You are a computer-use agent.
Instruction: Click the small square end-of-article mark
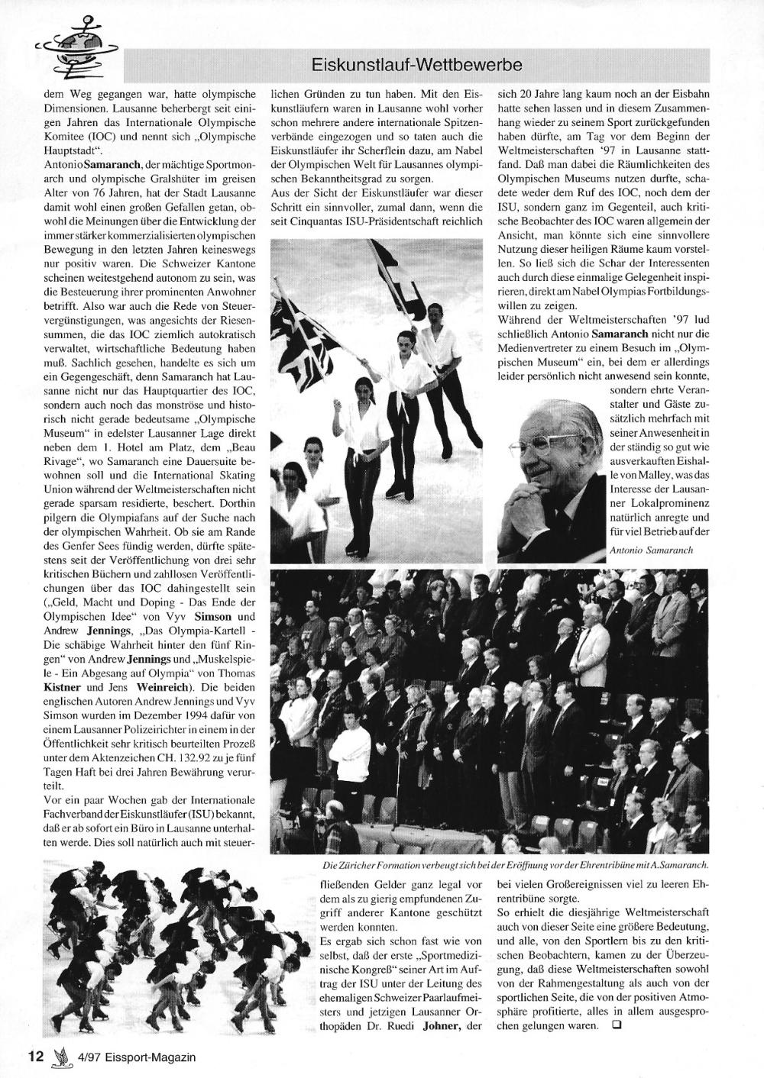pos(617,1026)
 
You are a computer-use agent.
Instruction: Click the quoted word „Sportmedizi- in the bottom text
pos(450,954)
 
